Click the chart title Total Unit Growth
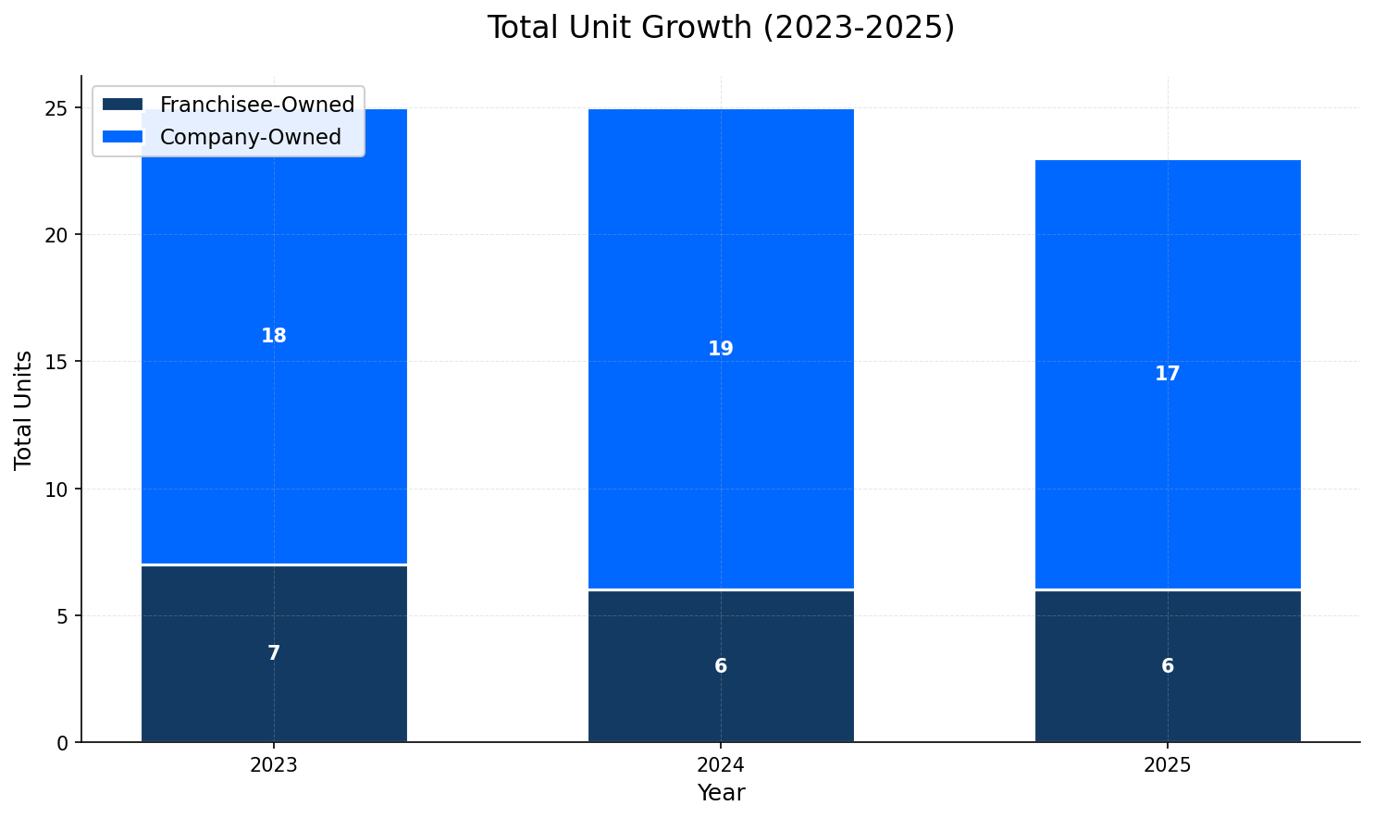click(720, 28)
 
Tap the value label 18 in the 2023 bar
click(274, 337)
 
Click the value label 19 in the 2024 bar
click(721, 350)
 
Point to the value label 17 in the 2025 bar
click(1168, 375)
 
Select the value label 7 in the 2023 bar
click(274, 654)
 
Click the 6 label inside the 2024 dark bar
click(721, 667)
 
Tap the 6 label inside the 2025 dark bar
click(1168, 667)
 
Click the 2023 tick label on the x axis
click(274, 766)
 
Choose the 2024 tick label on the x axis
click(721, 766)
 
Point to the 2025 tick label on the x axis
click(1168, 766)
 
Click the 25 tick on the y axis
click(57, 108)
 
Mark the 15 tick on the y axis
click(57, 362)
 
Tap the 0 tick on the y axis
click(63, 743)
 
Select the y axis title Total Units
click(24, 410)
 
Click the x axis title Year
click(721, 794)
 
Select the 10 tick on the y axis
click(57, 490)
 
